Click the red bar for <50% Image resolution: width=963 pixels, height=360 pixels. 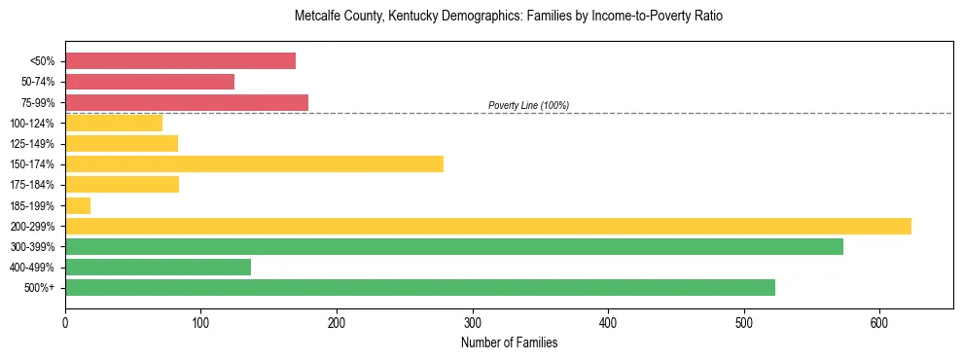[180, 61]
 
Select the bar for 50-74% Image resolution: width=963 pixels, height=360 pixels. [150, 82]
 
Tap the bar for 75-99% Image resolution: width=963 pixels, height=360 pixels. [187, 102]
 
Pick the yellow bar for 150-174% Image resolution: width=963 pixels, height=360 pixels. [254, 163]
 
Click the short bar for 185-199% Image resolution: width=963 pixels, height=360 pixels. [78, 205]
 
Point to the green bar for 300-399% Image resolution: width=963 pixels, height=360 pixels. [454, 246]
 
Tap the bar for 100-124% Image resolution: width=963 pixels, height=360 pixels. [114, 123]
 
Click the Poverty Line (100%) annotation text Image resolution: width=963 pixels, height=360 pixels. [528, 105]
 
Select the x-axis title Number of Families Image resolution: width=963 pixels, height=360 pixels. [509, 342]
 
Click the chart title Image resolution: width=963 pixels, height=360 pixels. [508, 17]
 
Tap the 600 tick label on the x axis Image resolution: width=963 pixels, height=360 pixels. [879, 322]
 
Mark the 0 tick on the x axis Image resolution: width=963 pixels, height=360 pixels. [65, 322]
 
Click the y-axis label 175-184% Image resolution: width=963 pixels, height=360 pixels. [32, 185]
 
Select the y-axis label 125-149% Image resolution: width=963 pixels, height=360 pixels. [32, 144]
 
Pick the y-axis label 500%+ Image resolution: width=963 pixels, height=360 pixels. [40, 288]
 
